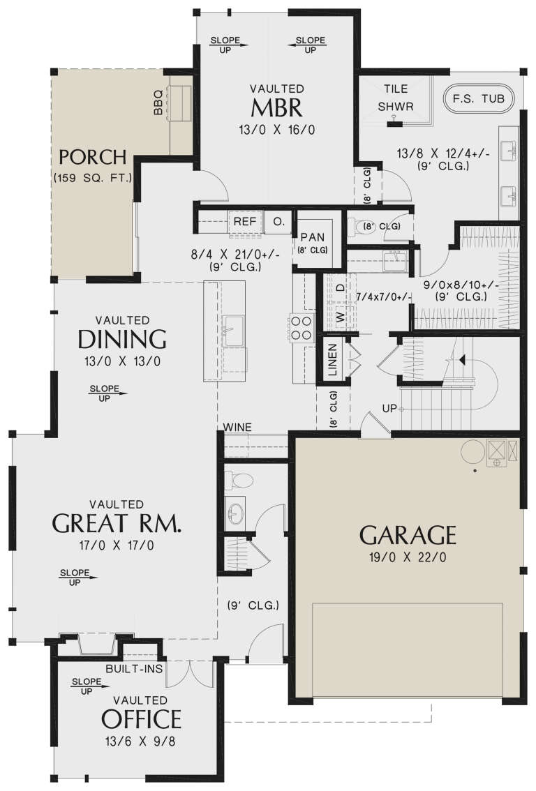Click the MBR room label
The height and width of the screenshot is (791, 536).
coord(277,108)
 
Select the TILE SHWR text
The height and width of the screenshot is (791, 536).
coord(396,98)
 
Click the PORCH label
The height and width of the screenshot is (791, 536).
coord(92,156)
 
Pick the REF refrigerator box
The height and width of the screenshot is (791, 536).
coord(244,221)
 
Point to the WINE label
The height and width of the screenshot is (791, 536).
coord(238,427)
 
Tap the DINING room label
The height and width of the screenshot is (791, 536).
coord(122,339)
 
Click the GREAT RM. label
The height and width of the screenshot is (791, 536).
coord(117,522)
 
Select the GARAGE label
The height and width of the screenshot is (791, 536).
coord(408,535)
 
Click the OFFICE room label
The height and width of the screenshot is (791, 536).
coord(142,718)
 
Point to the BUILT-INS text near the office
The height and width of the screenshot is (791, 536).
coord(134,669)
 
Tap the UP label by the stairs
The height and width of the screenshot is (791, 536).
coord(389,407)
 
